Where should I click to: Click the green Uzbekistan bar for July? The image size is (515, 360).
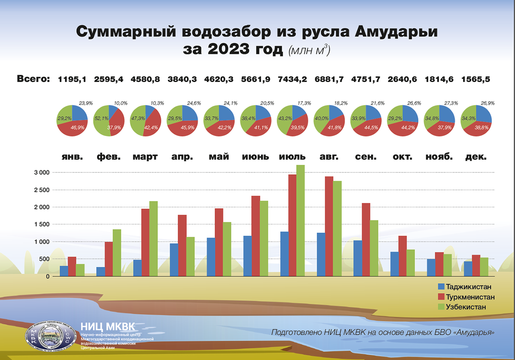coord(300,221)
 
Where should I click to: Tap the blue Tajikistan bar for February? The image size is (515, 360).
coord(101,272)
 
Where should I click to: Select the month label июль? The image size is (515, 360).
coord(292,157)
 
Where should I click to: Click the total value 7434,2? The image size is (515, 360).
coord(293,79)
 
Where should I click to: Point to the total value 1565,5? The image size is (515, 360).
coord(476,79)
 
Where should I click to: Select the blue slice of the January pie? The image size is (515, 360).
coord(79,113)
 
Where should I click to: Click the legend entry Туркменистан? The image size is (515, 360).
coord(470,297)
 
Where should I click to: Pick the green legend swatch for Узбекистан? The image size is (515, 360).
coord(441,307)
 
